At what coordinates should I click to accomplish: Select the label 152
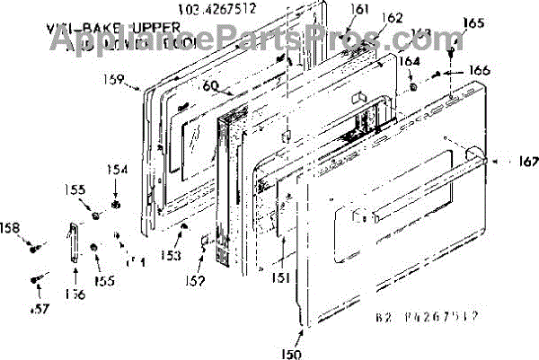point(195,281)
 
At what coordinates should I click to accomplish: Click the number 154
point(119,169)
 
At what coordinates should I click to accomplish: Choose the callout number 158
point(10,227)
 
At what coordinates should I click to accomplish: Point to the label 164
point(408,61)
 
